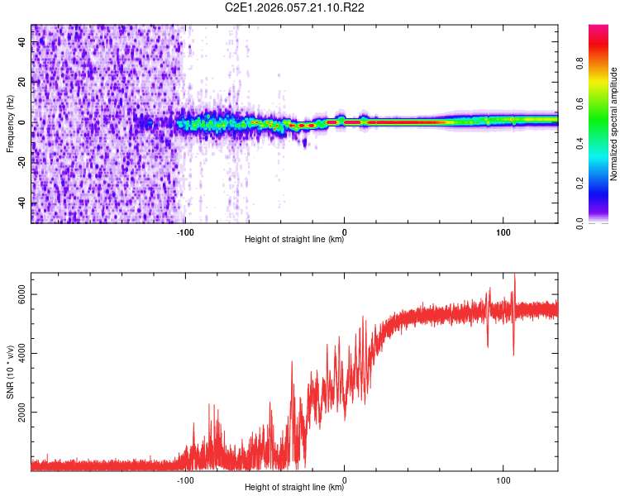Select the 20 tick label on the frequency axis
23,82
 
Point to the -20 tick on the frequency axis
23,163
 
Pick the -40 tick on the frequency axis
23,203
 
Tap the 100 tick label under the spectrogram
503,232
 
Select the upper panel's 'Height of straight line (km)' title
294,241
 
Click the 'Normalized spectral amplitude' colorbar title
614,124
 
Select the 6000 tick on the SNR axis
18,294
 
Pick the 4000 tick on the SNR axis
18,353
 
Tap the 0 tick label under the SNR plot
344,479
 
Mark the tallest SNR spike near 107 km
515,274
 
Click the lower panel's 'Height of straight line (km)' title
294,488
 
